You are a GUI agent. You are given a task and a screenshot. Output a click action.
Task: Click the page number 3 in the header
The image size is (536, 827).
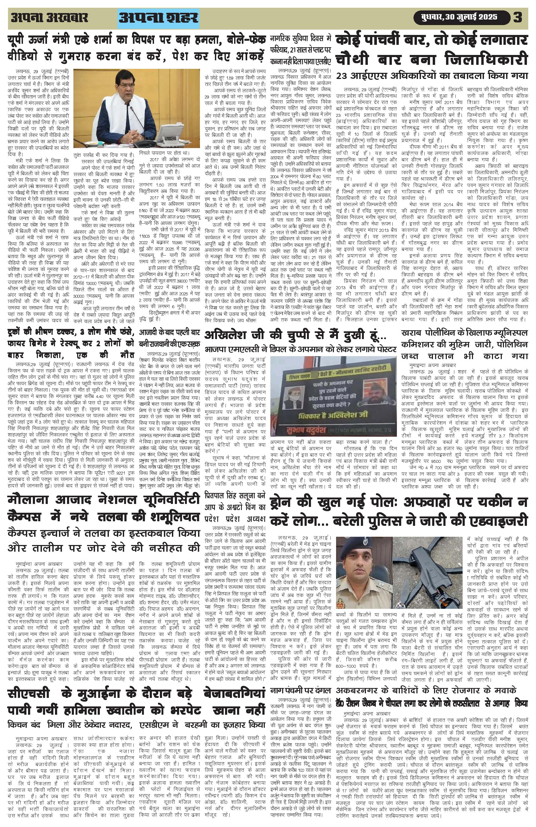pos(518,17)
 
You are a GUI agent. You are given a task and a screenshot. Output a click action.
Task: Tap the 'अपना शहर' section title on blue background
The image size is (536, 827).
pos(158,17)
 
